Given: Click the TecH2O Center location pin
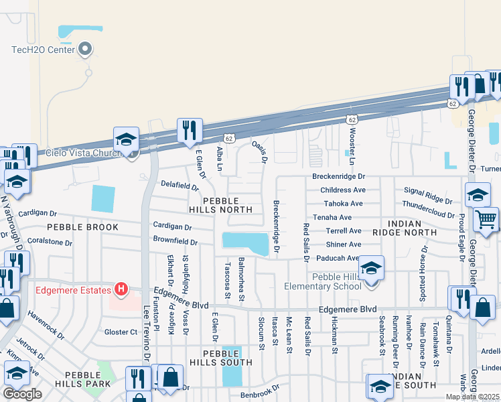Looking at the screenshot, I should [85, 49].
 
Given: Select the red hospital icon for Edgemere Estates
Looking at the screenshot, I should [121, 289].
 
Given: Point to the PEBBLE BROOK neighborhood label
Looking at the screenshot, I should [82, 227].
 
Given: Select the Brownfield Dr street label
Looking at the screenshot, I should [175, 241].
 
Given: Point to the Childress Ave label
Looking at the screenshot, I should [344, 190].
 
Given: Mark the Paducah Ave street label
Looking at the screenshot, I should [338, 258].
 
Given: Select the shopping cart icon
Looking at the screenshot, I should [486, 219].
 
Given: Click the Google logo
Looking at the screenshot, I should [22, 394].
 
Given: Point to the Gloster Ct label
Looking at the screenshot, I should [121, 332].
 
